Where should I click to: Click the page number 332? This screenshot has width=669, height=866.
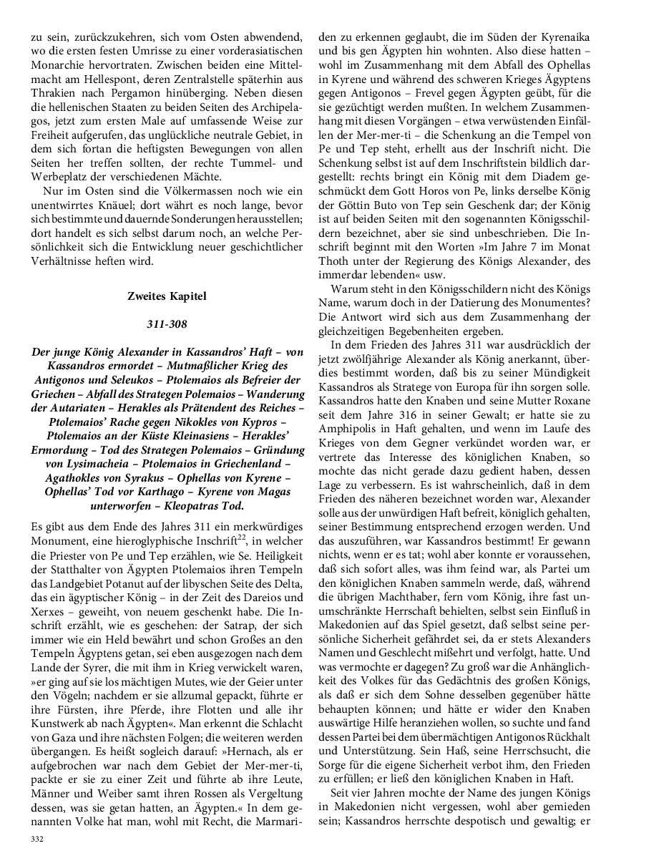pos(37,838)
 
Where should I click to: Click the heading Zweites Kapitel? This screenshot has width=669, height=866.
pos(166,295)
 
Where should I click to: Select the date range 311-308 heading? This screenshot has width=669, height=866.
pos(166,324)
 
